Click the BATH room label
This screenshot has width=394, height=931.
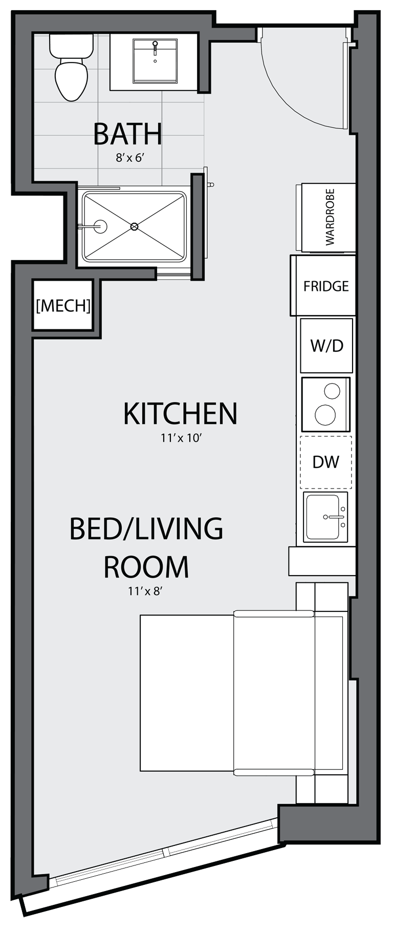(x=128, y=134)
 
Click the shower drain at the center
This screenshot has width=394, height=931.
(x=135, y=226)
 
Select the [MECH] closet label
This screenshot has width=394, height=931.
(x=63, y=306)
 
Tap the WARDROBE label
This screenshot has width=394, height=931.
(x=330, y=217)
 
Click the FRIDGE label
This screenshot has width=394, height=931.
(x=326, y=286)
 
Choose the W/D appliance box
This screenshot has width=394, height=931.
(x=326, y=346)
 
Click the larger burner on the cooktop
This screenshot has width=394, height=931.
(x=325, y=414)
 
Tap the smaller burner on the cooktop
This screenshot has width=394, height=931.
(x=332, y=391)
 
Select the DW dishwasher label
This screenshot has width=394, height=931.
(x=326, y=462)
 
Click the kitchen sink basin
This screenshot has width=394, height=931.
(x=323, y=517)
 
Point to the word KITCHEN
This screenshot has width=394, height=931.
(x=180, y=413)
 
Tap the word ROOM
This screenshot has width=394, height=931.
(x=146, y=566)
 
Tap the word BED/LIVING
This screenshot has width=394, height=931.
(x=146, y=528)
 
